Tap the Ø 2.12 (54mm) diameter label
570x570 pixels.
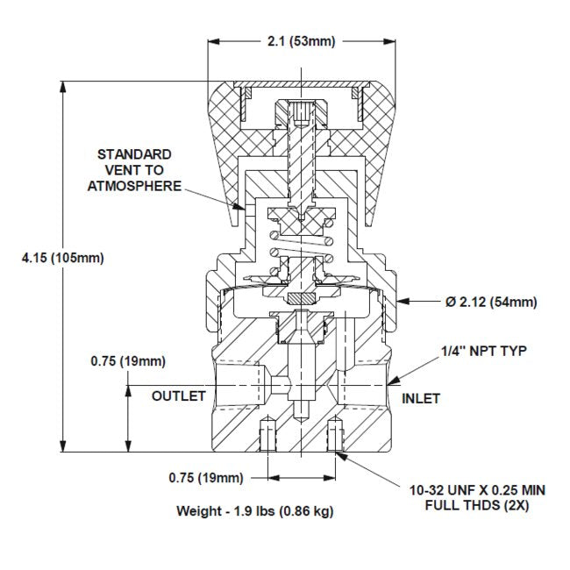491,303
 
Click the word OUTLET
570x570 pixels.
179,396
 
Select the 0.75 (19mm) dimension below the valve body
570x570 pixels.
205,477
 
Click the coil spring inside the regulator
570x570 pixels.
301,245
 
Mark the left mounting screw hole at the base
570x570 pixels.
268,434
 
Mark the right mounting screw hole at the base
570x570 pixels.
334,434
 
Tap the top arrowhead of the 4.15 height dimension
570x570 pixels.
63,86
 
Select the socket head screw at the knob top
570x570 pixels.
301,112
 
